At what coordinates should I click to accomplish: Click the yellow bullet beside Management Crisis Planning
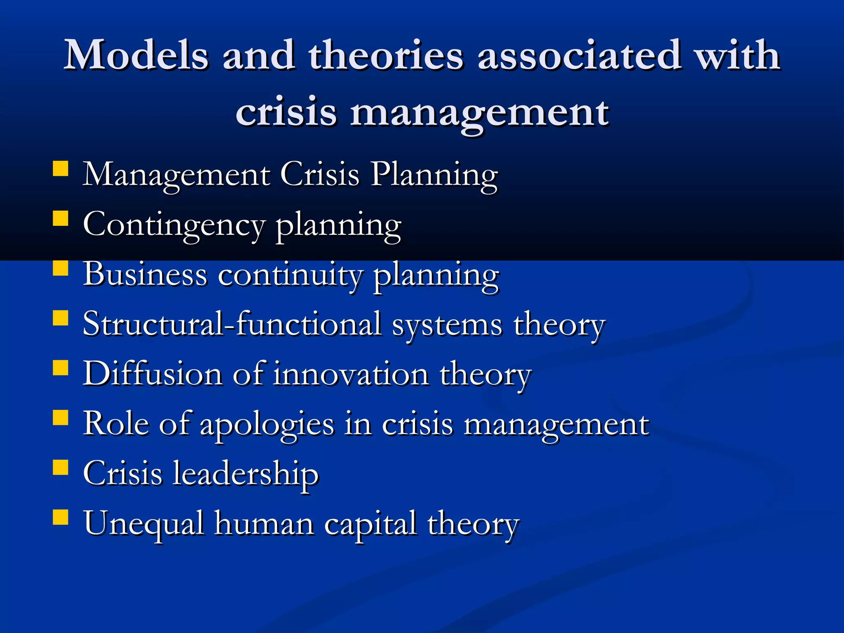pyautogui.click(x=61, y=169)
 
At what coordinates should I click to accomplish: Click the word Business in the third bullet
pyautogui.click(x=145, y=274)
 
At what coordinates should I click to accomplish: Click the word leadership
pyautogui.click(x=246, y=474)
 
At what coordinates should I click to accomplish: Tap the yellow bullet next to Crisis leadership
pyautogui.click(x=61, y=468)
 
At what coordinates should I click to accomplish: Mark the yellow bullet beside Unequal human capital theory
pyautogui.click(x=61, y=517)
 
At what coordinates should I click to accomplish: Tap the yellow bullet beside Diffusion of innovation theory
pyautogui.click(x=61, y=368)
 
